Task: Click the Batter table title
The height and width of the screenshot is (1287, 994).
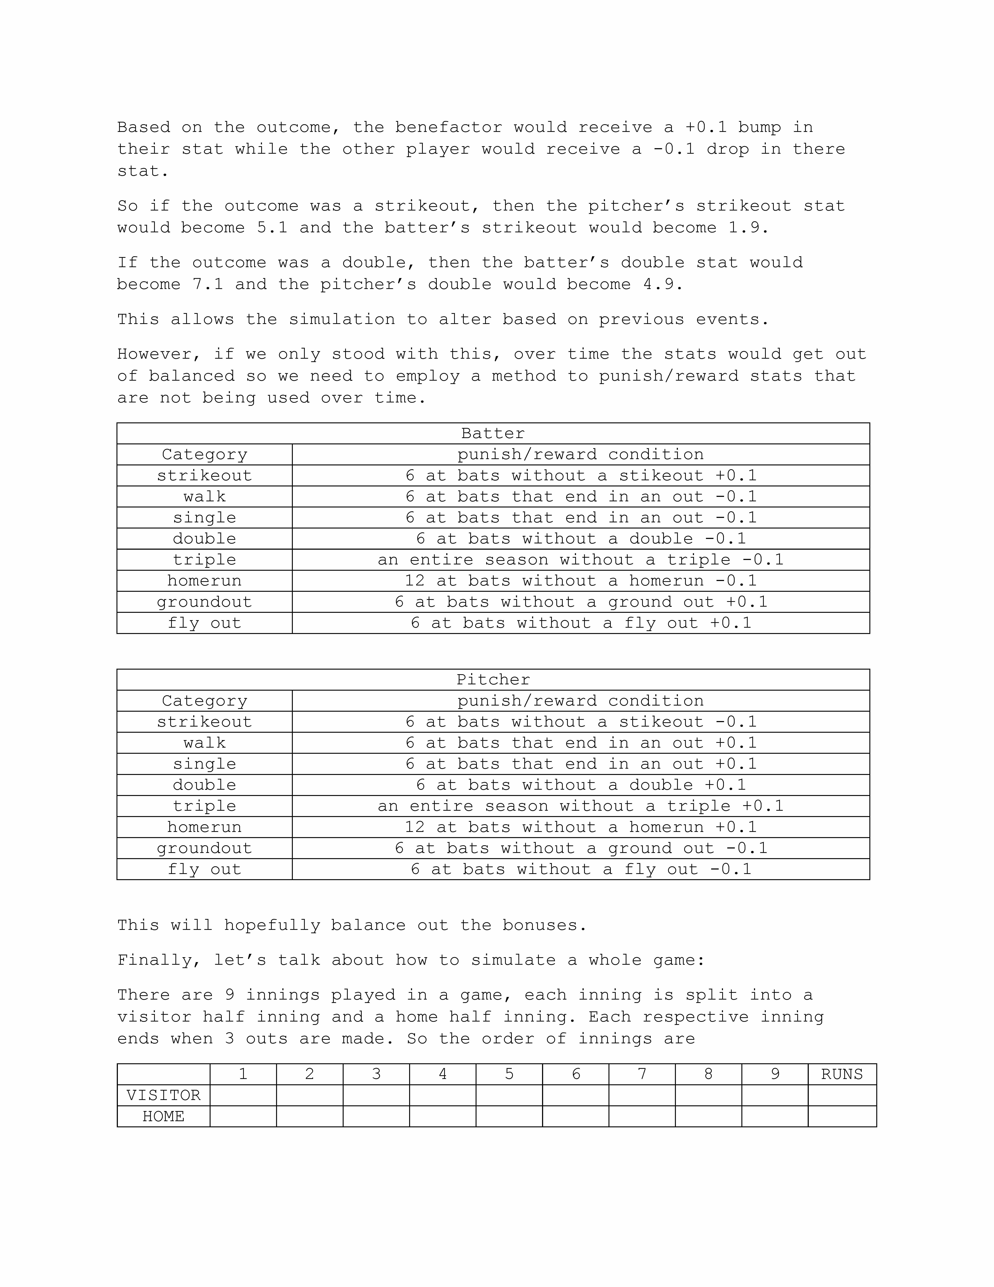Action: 493,434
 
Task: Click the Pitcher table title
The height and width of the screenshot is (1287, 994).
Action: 493,679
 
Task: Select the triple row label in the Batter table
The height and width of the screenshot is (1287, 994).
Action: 204,560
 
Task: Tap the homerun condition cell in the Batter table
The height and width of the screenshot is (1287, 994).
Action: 581,581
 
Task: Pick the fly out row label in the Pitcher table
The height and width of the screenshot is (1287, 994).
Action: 204,869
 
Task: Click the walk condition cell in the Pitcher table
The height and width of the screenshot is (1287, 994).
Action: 581,743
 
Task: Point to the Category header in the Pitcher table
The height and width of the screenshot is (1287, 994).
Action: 204,701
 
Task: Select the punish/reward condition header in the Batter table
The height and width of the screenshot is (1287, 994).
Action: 581,454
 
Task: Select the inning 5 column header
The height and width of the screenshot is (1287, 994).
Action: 509,1074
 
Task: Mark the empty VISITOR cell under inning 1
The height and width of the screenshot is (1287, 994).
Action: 243,1096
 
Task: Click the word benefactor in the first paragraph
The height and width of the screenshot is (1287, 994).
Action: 449,127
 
